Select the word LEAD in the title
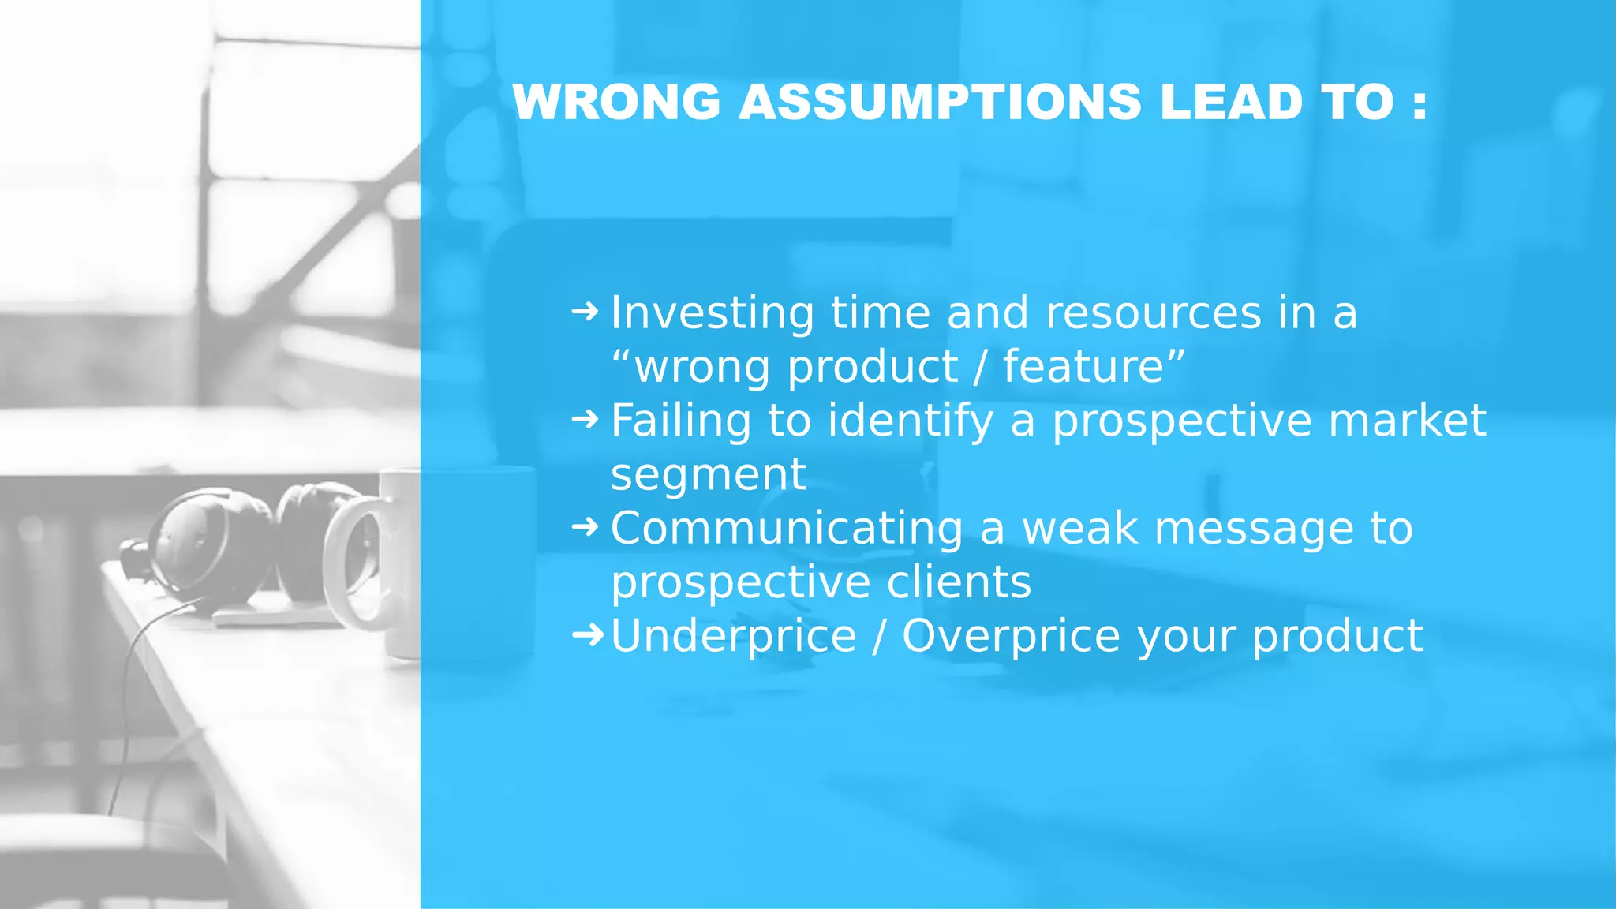(x=1231, y=103)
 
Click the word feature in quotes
(x=1083, y=367)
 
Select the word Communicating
(x=786, y=528)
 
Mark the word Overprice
(x=1011, y=636)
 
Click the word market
(x=1407, y=421)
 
